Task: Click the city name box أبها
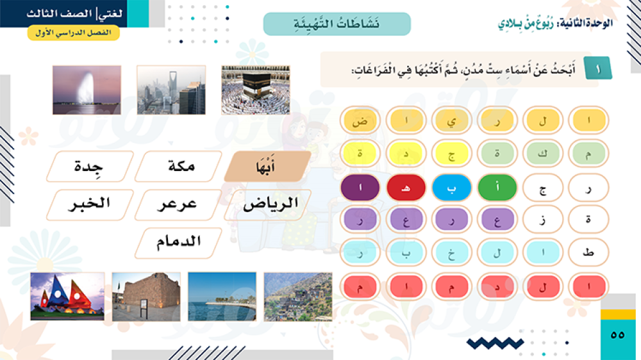pyautogui.click(x=268, y=167)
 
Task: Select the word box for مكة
pyautogui.click(x=179, y=167)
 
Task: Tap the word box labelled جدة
pyautogui.click(x=90, y=167)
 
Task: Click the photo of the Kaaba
pyautogui.click(x=256, y=90)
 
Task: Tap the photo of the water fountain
pyautogui.click(x=87, y=90)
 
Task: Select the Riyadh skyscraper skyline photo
pyautogui.click(x=171, y=90)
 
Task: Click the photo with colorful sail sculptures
pyautogui.click(x=67, y=296)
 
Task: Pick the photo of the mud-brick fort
pyautogui.click(x=146, y=297)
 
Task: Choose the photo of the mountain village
pyautogui.click(x=298, y=297)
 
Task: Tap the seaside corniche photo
pyautogui.click(x=222, y=297)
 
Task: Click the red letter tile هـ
pyautogui.click(x=406, y=188)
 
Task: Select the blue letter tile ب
pyautogui.click(x=451, y=188)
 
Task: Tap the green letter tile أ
pyautogui.click(x=497, y=188)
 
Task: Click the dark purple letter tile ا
pyautogui.click(x=360, y=188)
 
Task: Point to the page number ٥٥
pyautogui.click(x=617, y=335)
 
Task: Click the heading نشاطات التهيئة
pyautogui.click(x=337, y=24)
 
